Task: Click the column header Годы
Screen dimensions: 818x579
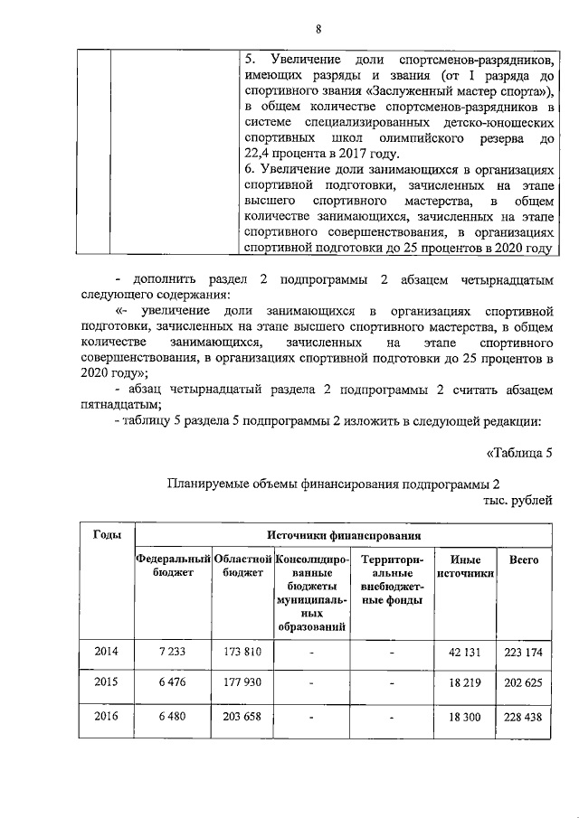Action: pos(108,535)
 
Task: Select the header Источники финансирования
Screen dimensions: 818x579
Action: pos(343,535)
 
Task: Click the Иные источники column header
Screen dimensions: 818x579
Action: pos(465,567)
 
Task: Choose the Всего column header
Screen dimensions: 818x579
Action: pos(524,560)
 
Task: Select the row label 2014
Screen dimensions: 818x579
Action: pos(108,651)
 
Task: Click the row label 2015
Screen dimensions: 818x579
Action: pos(108,682)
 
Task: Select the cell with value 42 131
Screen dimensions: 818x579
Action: pos(465,651)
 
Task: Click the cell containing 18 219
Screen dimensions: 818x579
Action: pos(465,682)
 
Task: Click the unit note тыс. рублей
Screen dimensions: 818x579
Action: pos(515,500)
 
